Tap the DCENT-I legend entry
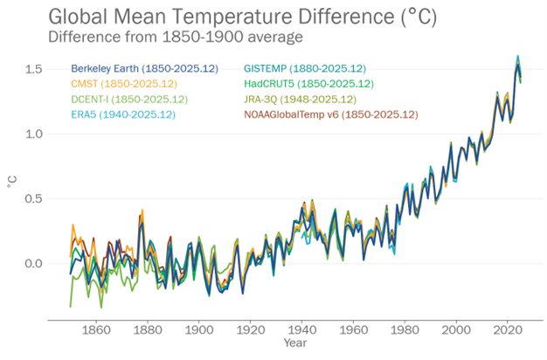(x=128, y=99)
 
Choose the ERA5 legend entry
(x=124, y=114)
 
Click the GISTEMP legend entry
(x=304, y=68)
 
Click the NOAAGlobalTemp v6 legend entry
(x=330, y=114)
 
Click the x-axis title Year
(x=294, y=343)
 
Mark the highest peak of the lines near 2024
(x=517, y=57)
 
